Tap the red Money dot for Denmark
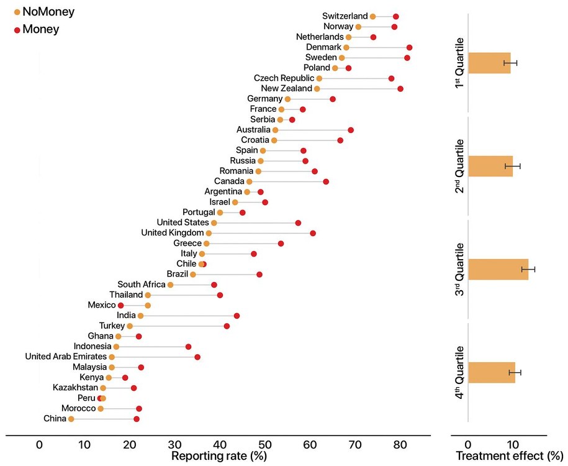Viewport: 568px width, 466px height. (x=409, y=48)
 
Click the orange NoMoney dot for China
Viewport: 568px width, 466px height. (x=71, y=419)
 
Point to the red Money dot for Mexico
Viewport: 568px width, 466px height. (x=120, y=306)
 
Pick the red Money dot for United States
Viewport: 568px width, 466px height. (x=298, y=223)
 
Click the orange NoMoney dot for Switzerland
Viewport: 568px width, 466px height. (x=372, y=16)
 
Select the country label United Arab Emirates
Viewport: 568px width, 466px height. (x=66, y=357)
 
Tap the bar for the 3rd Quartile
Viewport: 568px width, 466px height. (x=498, y=270)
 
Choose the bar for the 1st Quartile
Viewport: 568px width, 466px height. (x=489, y=63)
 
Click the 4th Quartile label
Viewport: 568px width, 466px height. (x=460, y=372)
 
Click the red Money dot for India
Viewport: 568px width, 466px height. (x=237, y=316)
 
